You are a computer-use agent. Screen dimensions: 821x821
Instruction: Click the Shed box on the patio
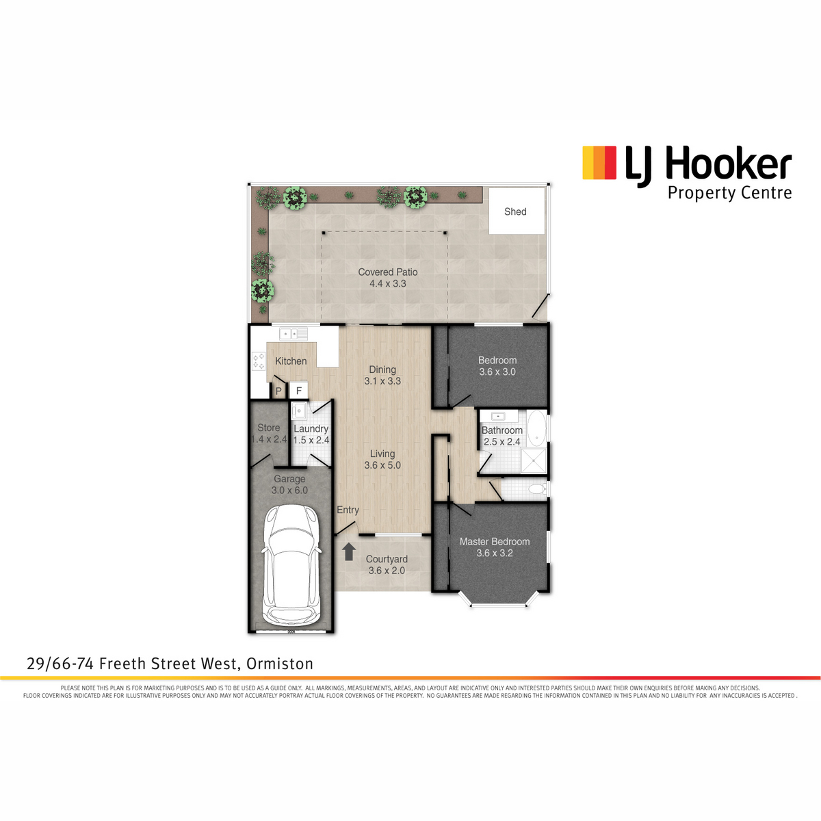517,211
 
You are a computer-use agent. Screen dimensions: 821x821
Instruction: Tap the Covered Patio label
388,272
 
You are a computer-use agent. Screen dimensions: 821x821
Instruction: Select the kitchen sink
294,334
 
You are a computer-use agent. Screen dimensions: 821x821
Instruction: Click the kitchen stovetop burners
259,360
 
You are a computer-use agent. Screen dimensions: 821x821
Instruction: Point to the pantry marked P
278,391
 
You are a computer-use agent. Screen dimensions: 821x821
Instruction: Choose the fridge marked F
299,390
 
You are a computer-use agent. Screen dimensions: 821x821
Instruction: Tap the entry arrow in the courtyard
349,551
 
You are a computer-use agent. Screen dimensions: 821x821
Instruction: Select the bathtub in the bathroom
537,428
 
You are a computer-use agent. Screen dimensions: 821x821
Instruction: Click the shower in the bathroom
534,460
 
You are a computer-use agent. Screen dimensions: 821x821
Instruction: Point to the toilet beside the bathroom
537,489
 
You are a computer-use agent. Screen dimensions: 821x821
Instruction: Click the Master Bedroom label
495,541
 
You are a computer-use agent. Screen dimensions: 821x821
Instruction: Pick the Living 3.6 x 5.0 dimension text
382,465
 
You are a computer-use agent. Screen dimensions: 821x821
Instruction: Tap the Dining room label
382,369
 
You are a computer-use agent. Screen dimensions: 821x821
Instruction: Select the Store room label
268,428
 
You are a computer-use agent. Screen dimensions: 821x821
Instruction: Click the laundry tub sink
299,411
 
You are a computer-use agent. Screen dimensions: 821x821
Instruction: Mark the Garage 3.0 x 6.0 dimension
289,491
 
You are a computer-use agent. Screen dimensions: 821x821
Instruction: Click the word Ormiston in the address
280,664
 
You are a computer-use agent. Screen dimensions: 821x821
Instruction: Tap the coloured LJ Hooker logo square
599,162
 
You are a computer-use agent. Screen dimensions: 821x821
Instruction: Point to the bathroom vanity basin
497,415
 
